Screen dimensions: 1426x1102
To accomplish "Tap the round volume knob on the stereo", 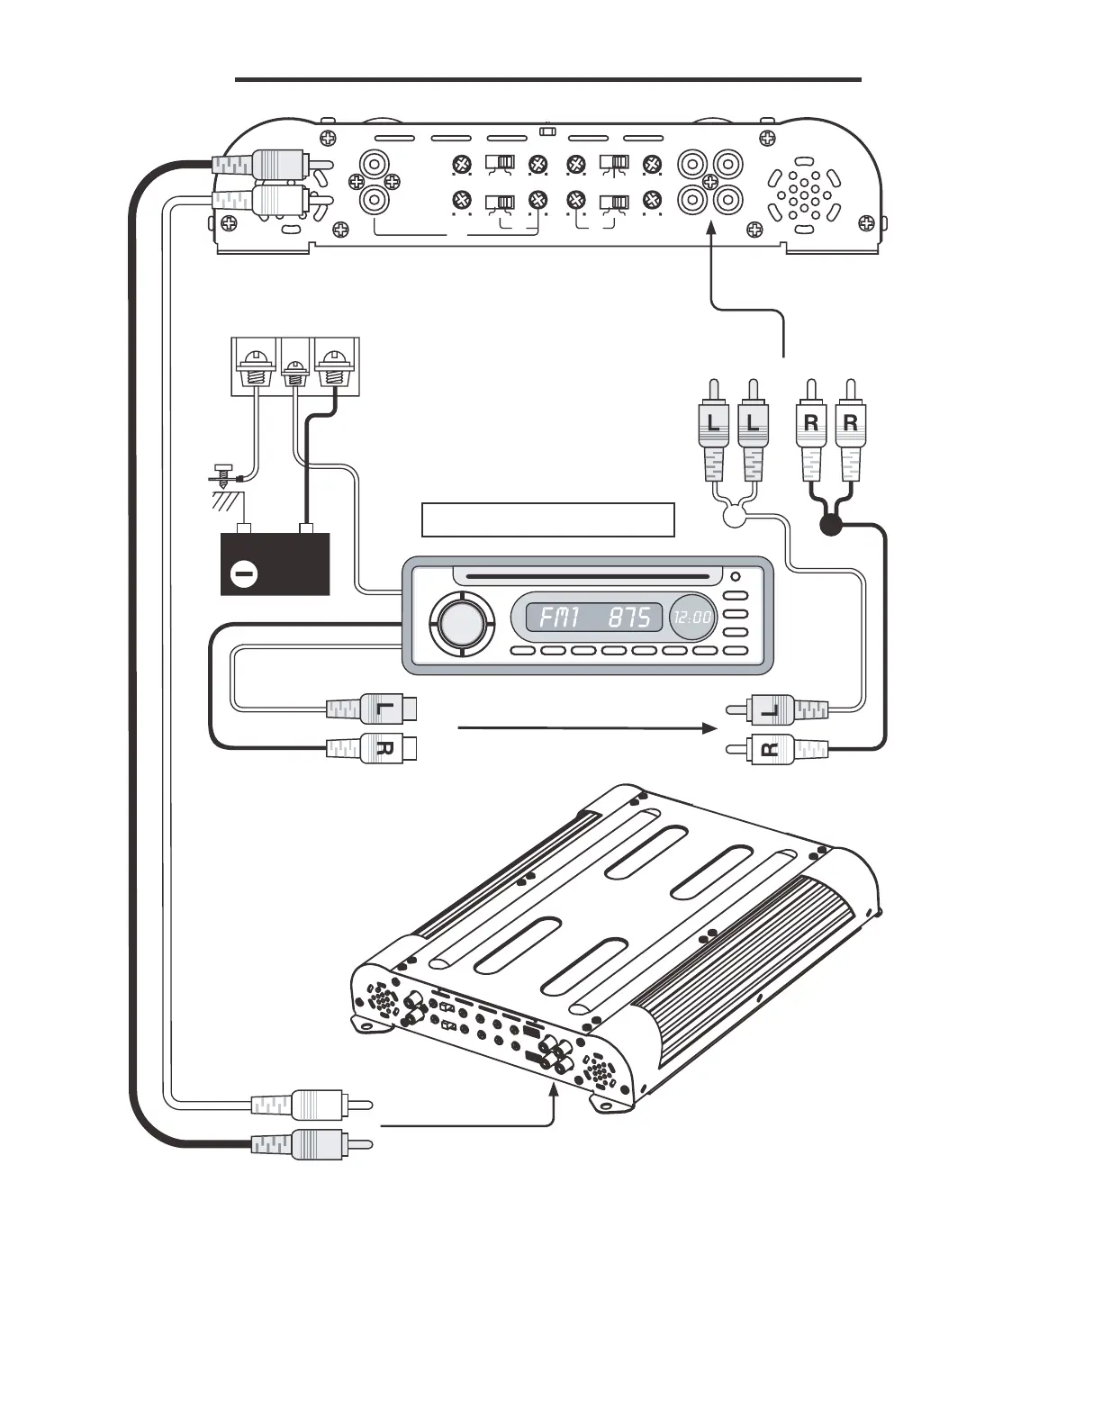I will tap(462, 620).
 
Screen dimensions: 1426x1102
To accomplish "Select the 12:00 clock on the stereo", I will tap(692, 618).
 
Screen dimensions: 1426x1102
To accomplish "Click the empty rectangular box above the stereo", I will tap(547, 519).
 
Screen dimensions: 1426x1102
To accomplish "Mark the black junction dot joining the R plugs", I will tap(831, 525).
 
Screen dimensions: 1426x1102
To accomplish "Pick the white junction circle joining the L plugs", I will tap(734, 517).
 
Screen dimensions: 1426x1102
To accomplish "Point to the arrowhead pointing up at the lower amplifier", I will tap(553, 1090).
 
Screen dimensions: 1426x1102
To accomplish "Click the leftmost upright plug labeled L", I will tap(712, 423).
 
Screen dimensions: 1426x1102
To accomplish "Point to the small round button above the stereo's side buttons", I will tap(736, 577).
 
